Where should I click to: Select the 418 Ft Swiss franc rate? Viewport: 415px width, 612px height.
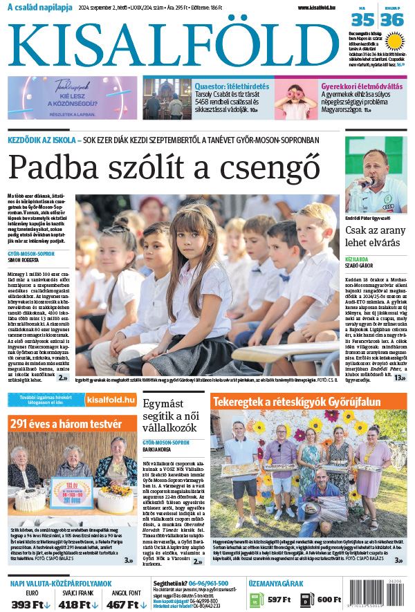tap(77, 604)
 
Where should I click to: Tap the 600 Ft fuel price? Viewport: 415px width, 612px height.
tap(329, 599)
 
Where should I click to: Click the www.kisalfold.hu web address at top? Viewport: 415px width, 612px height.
tap(322, 8)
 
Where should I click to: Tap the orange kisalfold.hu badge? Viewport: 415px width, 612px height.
tap(111, 400)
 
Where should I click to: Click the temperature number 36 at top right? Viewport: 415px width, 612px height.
tap(392, 20)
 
